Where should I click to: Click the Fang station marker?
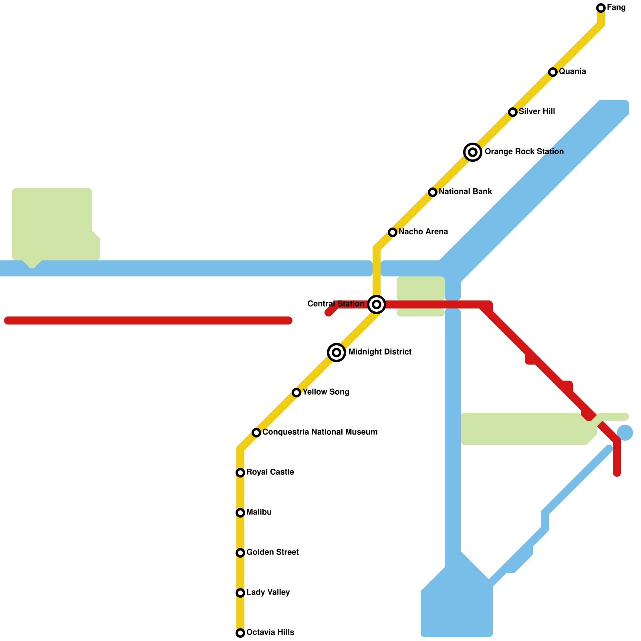601,8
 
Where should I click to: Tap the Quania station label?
572,72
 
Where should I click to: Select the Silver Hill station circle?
513,112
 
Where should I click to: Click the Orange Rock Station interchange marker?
473,152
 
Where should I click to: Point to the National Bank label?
465,192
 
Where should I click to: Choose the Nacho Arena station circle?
393,232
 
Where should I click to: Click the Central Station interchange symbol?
377,304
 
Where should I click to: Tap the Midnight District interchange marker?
337,353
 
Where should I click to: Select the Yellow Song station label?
326,392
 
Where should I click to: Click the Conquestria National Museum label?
320,432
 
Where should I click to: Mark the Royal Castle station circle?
240,473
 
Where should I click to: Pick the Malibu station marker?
240,513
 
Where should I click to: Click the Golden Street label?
272,552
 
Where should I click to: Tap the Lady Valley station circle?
240,593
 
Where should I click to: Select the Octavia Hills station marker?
240,633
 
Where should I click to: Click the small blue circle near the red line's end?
625,433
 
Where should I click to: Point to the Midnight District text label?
380,352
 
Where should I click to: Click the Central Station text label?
336,304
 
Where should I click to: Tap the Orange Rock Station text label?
524,152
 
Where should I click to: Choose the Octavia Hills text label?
270,633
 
